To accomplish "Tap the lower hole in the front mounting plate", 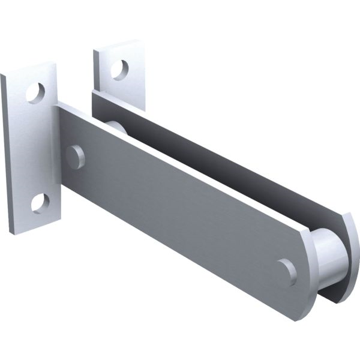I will click(x=40, y=203).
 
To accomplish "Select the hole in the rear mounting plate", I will click(x=119, y=69).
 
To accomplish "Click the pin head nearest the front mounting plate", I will click(x=75, y=157).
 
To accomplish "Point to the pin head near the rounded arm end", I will click(x=288, y=271).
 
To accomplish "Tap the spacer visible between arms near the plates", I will click(x=114, y=127).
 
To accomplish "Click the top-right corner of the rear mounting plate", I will click(x=142, y=41).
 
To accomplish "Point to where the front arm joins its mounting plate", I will click(x=58, y=144).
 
